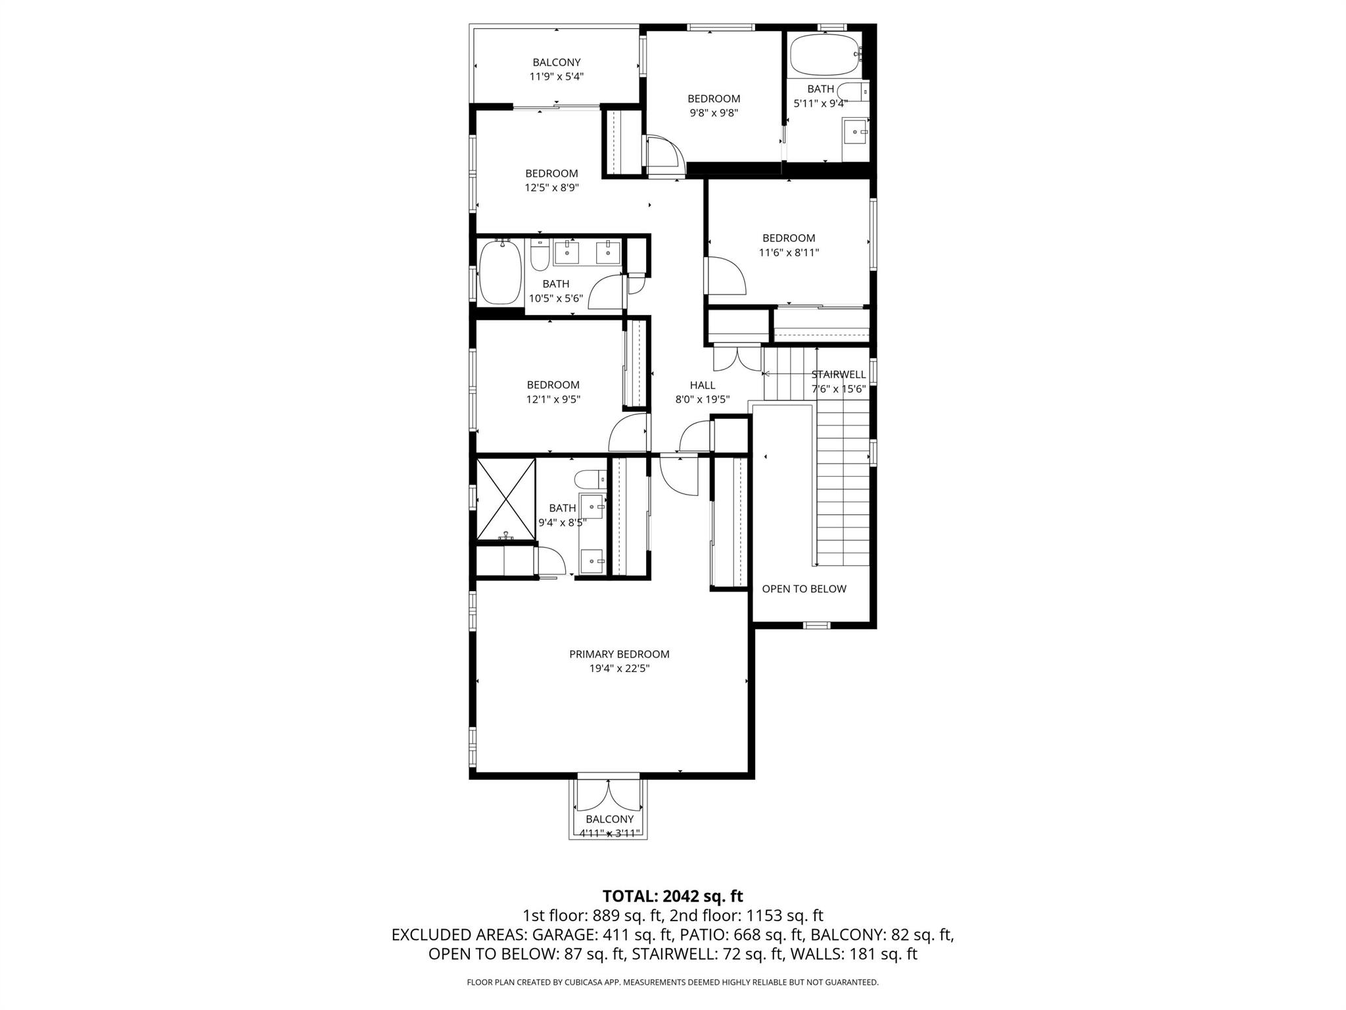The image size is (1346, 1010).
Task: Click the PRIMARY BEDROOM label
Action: (x=619, y=654)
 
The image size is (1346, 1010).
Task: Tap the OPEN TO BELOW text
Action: (x=804, y=589)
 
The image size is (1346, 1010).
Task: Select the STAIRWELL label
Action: (x=839, y=375)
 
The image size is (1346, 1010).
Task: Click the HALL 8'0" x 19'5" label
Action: (x=703, y=392)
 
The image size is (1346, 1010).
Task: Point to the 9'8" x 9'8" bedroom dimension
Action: (x=714, y=113)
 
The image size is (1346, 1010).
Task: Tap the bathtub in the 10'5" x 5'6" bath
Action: (x=500, y=272)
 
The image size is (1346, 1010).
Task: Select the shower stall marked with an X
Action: (x=505, y=499)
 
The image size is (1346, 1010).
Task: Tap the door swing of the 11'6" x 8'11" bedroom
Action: (x=726, y=276)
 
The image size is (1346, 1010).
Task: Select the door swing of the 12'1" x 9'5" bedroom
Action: (x=628, y=433)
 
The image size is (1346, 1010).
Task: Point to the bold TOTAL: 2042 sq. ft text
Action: (x=672, y=896)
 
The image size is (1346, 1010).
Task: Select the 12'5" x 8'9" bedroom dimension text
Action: (x=551, y=187)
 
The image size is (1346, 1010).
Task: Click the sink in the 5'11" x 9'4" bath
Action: (x=856, y=133)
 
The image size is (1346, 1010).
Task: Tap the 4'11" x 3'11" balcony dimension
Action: (x=609, y=834)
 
